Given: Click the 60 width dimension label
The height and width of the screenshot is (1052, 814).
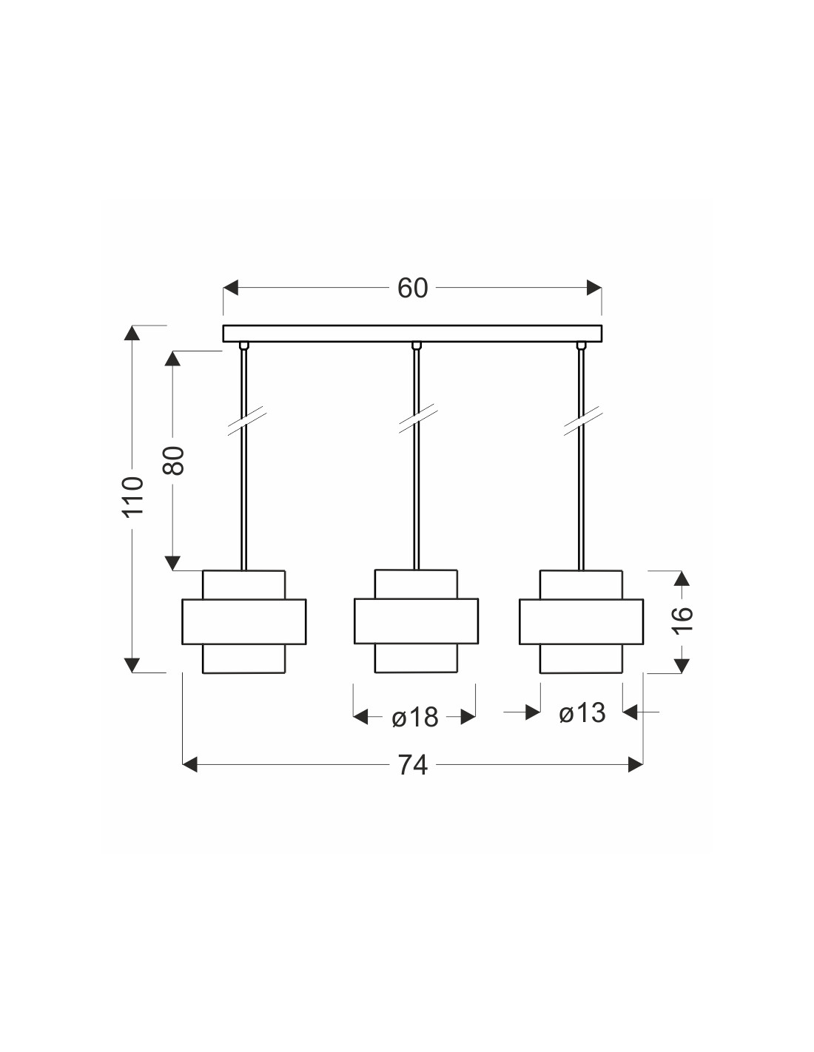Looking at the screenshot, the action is click(413, 288).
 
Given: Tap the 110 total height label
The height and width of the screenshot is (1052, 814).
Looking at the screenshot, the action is click(132, 498).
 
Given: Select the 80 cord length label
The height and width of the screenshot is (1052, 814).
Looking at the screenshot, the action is click(173, 460).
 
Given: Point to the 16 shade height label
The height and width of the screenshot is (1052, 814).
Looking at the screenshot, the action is click(683, 619).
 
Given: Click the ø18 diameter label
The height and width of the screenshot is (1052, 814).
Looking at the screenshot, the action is click(415, 717).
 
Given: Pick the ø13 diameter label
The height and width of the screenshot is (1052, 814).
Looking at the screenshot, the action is click(582, 713).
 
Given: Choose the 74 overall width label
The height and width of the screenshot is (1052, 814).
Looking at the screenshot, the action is click(413, 766).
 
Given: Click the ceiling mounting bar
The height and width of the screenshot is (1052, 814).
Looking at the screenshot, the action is click(412, 334).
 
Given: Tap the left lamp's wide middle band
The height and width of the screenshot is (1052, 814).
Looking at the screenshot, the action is click(244, 621).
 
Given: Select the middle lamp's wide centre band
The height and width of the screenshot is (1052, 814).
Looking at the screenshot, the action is click(416, 621).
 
